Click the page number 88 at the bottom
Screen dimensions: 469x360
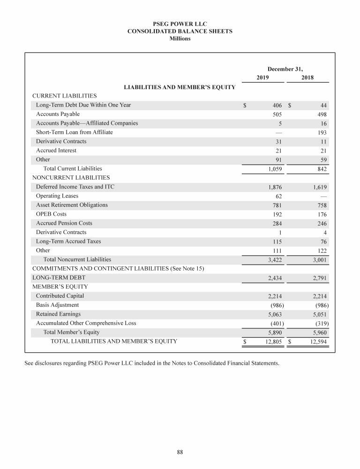(x=180, y=452)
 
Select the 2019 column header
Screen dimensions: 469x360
(x=263, y=78)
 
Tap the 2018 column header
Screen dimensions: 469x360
(x=308, y=78)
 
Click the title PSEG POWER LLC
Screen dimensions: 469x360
(x=180, y=23)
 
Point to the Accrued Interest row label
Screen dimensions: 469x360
(x=56, y=151)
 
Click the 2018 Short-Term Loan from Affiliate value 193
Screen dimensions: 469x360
(x=322, y=132)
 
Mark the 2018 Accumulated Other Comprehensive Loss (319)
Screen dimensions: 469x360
(x=319, y=323)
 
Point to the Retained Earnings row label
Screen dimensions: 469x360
(x=58, y=314)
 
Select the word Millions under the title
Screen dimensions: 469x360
(x=180, y=38)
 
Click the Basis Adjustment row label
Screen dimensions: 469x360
(x=58, y=305)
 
